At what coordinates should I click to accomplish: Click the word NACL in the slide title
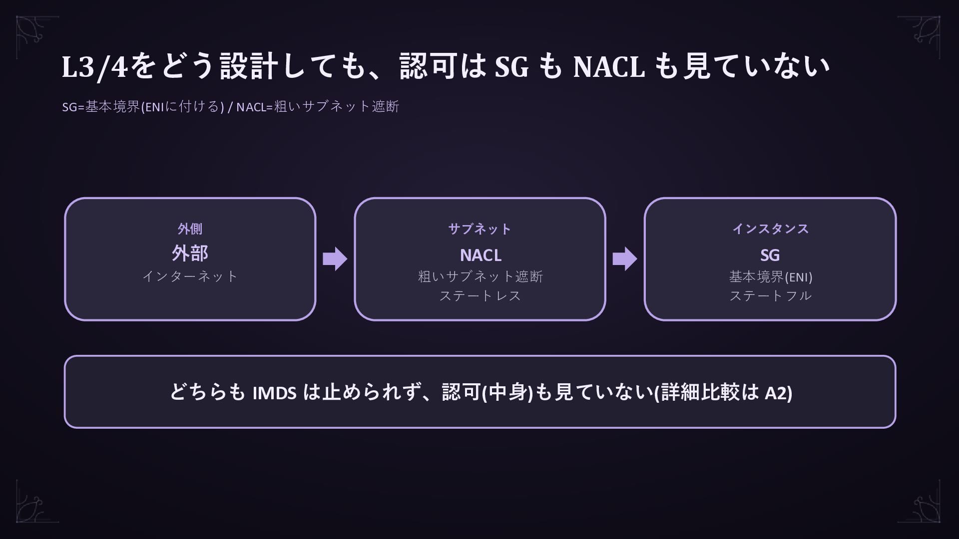tap(609, 66)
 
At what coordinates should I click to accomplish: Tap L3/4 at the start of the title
tap(95, 66)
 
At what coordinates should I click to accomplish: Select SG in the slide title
tap(511, 66)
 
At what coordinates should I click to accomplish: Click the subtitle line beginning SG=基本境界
tap(230, 106)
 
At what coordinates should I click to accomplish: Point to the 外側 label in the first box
tap(190, 229)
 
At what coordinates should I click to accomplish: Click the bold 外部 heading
tap(190, 253)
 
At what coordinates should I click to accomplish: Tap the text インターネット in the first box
tap(190, 276)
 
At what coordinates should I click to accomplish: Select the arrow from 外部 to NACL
tap(335, 259)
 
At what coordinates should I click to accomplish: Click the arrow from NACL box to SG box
tap(625, 259)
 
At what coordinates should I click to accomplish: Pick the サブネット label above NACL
tap(480, 229)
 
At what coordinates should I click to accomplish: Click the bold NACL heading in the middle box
tap(480, 255)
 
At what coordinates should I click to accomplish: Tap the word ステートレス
tap(480, 295)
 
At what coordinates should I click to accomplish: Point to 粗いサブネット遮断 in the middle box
tap(480, 276)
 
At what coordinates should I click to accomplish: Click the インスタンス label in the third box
tap(770, 229)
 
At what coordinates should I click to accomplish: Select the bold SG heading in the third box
tap(770, 255)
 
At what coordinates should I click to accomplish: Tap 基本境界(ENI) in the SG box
tap(771, 276)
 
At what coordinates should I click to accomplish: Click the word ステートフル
tap(770, 295)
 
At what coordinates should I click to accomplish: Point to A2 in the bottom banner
tap(776, 393)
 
